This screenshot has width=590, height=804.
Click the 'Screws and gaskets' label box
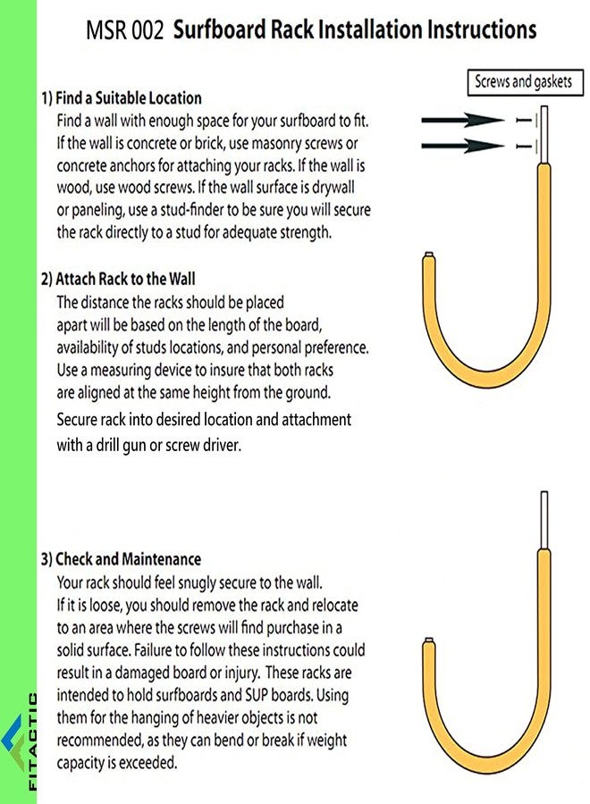[525, 82]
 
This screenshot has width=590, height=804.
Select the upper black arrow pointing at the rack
[463, 120]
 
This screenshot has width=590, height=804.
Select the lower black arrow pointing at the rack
[463, 146]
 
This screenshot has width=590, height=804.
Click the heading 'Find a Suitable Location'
[128, 98]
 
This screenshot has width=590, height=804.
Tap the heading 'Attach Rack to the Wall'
[125, 279]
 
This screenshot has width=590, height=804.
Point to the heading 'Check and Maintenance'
[128, 559]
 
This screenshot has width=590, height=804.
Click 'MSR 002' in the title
[124, 29]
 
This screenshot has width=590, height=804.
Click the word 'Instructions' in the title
[482, 29]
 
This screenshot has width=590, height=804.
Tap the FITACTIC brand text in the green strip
[32, 741]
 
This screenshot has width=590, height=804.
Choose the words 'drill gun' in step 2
[121, 446]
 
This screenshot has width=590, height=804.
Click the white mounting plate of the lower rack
[544, 521]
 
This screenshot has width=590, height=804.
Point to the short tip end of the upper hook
[429, 255]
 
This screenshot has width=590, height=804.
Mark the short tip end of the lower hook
[429, 641]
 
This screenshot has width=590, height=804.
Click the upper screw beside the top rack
[525, 120]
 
